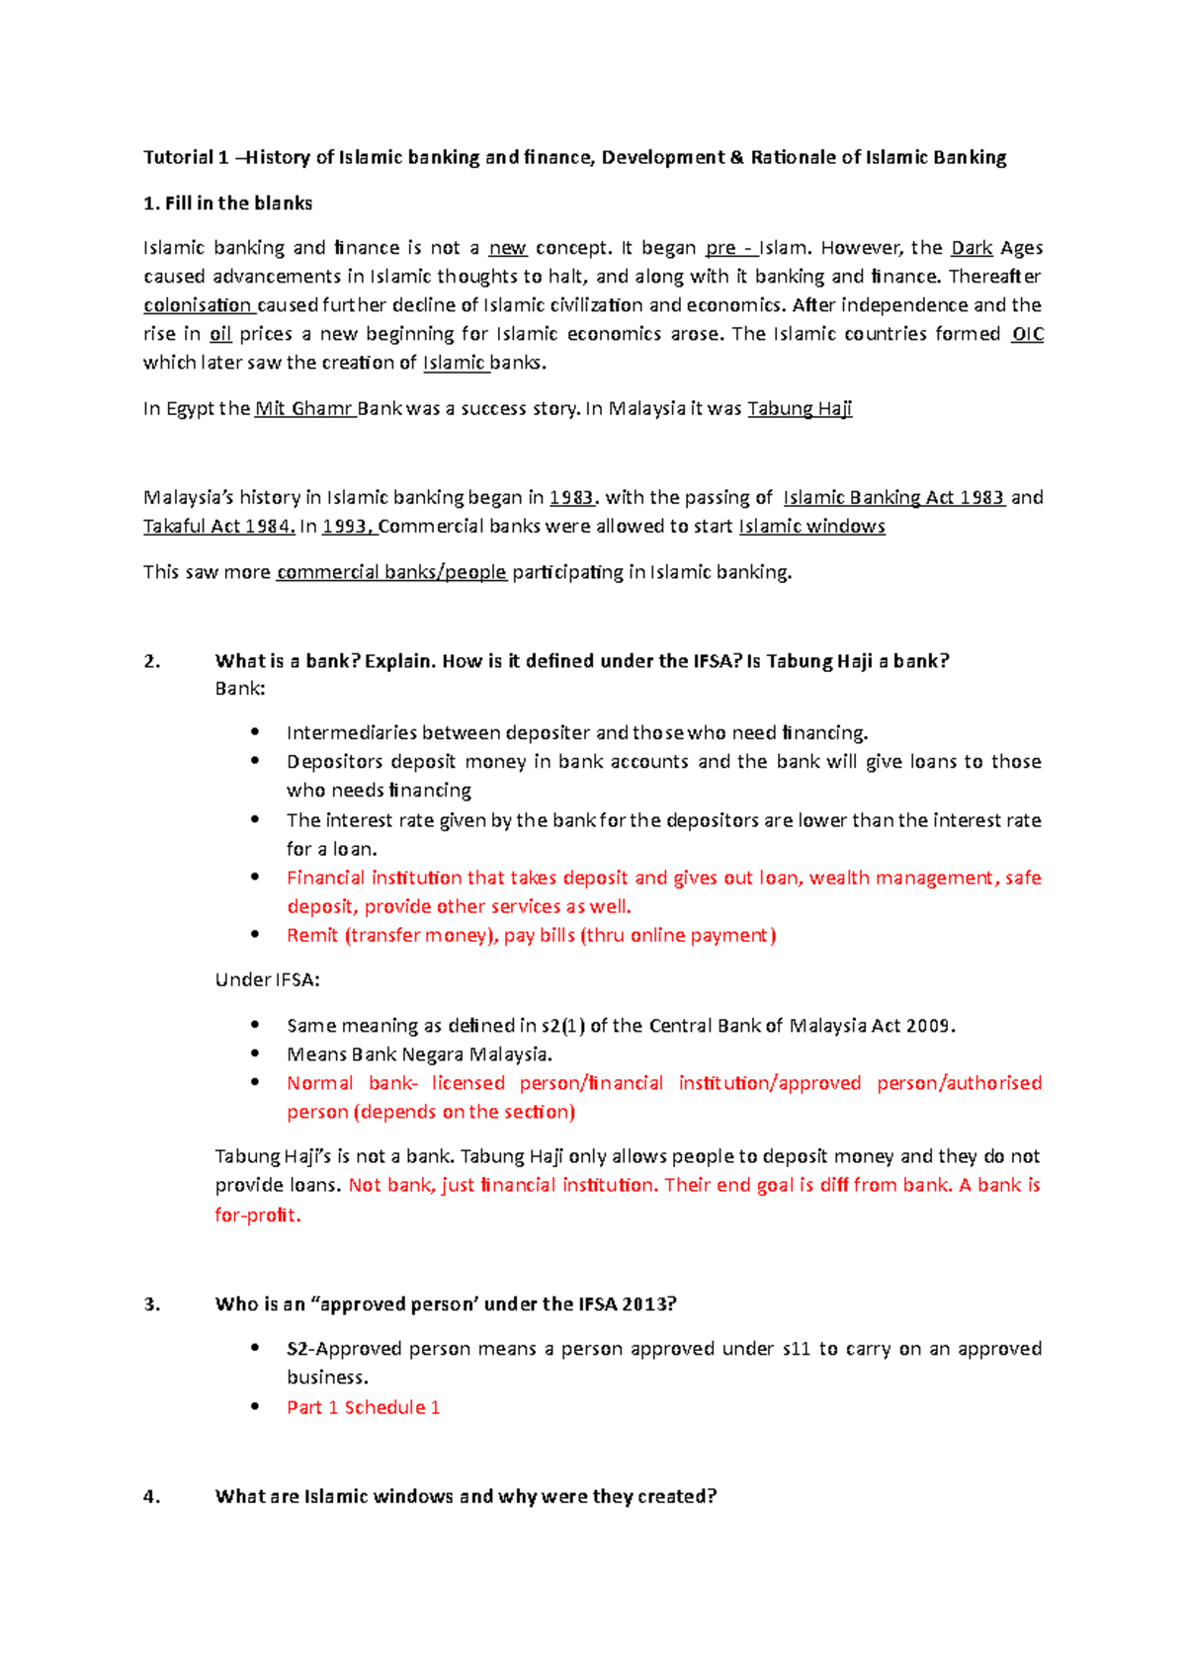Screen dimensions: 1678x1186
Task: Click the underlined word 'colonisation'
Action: click(x=197, y=305)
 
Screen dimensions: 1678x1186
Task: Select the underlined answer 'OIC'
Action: click(x=1028, y=334)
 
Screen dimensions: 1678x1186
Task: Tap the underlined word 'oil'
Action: click(x=220, y=334)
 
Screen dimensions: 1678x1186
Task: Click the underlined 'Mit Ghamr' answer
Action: click(x=303, y=409)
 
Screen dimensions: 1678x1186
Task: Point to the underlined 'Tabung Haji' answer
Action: click(x=800, y=409)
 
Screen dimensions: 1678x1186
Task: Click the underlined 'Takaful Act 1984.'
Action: click(x=218, y=527)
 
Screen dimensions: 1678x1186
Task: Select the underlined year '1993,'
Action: click(x=349, y=527)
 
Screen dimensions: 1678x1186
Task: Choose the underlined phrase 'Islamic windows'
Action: click(x=811, y=527)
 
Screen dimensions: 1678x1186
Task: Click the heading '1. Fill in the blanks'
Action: click(x=227, y=204)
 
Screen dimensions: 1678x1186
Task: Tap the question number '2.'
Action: click(x=152, y=662)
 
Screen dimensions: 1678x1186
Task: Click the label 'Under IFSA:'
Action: click(x=267, y=980)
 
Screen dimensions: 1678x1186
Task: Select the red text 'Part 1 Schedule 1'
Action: click(x=363, y=1407)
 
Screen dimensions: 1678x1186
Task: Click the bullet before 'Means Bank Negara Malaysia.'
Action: click(x=255, y=1054)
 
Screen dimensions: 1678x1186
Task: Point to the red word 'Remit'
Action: click(x=311, y=936)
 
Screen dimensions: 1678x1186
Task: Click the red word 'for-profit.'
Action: click(x=257, y=1216)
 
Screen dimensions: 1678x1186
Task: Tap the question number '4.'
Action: click(x=152, y=1497)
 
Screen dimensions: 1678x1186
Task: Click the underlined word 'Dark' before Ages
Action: click(x=971, y=248)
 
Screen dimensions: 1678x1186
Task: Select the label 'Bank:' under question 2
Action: click(x=240, y=689)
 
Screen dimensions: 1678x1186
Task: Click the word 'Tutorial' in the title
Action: click(x=178, y=157)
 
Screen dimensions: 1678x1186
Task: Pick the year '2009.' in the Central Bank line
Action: click(x=931, y=1026)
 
